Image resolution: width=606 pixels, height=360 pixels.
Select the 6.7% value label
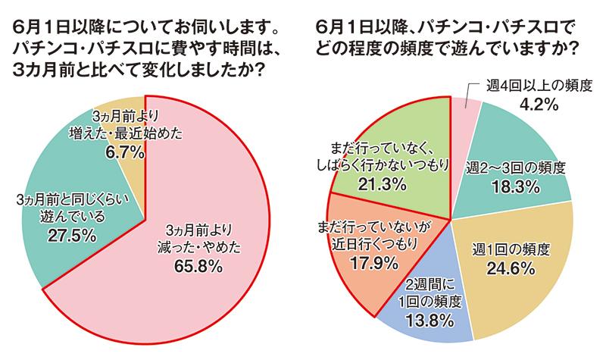(x=117, y=152)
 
